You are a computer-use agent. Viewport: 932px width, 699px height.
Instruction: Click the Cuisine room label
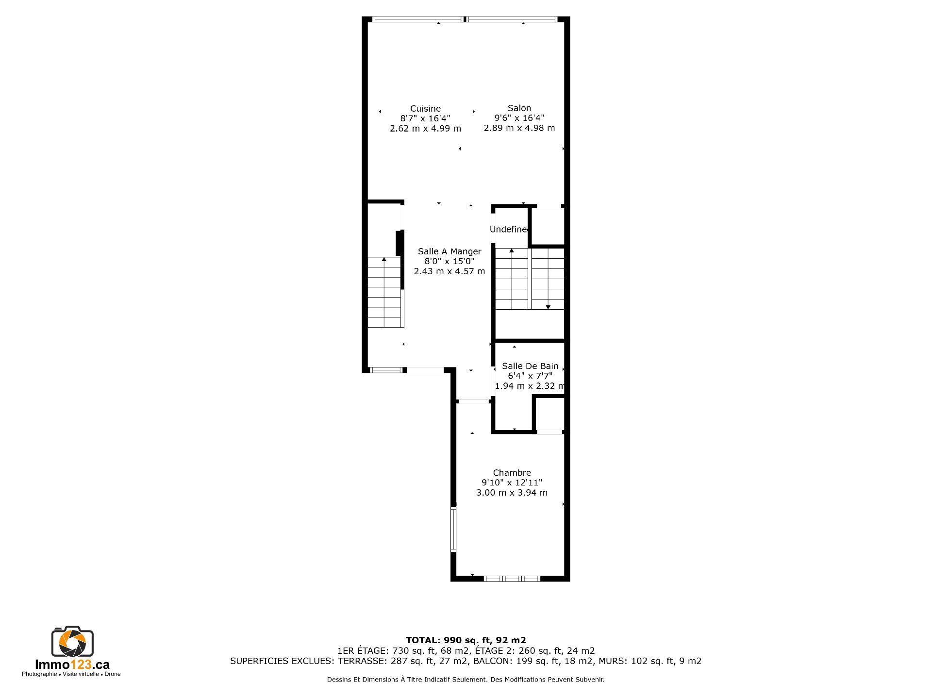(425, 109)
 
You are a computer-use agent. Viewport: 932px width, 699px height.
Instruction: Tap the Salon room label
(519, 108)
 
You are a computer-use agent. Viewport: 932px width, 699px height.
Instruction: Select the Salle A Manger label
(449, 251)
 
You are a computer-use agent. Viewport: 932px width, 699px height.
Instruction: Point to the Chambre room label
(512, 473)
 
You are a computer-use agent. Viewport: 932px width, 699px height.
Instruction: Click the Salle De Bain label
(530, 366)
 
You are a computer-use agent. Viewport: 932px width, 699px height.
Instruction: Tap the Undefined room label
(508, 229)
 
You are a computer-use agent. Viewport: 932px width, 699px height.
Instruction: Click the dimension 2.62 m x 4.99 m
(425, 129)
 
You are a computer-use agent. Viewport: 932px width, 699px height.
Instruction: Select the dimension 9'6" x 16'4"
(519, 118)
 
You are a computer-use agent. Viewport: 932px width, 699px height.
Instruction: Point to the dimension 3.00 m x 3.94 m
(512, 493)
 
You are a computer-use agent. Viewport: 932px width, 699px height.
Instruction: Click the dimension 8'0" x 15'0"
(449, 261)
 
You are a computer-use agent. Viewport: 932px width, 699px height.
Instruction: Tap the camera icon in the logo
(72, 642)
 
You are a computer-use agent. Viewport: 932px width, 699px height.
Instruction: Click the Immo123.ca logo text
(72, 665)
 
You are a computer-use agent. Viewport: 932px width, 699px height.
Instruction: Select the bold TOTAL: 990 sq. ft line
(466, 640)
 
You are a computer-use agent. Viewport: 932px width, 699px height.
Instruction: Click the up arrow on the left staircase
(384, 259)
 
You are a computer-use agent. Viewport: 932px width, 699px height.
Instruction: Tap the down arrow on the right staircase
(548, 307)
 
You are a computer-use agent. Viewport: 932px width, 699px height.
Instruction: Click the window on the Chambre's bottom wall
(512, 579)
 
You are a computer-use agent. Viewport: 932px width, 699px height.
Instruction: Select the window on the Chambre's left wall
(453, 530)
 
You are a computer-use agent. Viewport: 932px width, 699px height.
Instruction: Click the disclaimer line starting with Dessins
(466, 680)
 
